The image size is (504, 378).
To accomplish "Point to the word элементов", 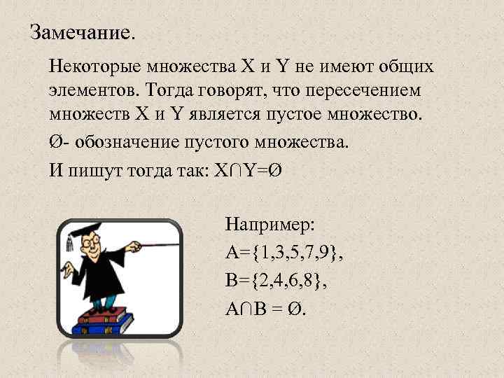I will [94, 90].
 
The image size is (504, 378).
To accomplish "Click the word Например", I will [269, 225].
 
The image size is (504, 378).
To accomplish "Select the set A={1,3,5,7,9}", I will [285, 253].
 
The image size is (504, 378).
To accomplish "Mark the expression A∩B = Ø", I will [265, 309].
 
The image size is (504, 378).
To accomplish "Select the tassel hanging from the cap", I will [69, 243].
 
